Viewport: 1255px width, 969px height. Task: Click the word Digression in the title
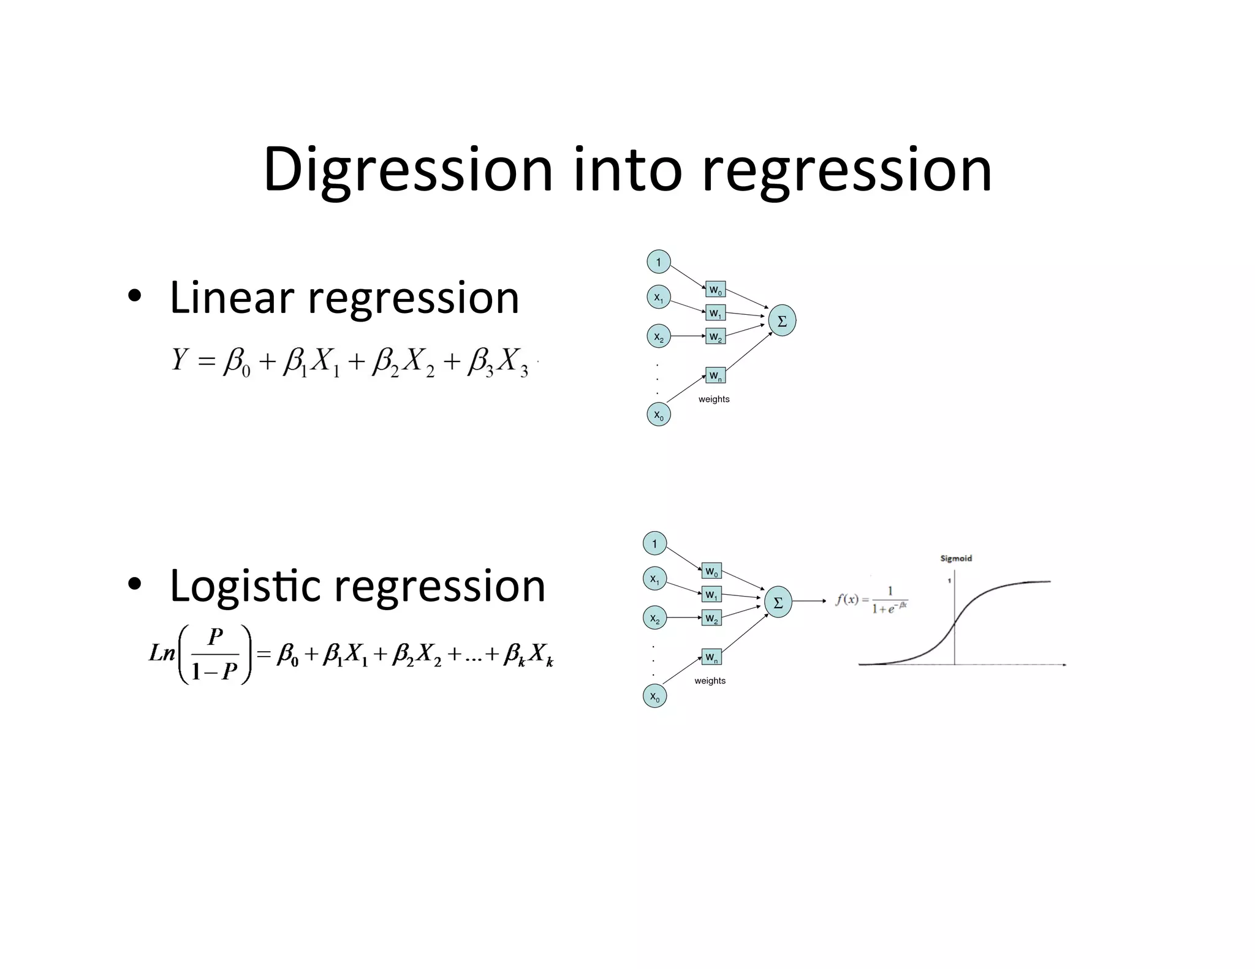click(408, 170)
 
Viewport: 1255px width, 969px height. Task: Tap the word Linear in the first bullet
click(232, 298)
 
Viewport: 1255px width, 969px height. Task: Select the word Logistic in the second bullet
click(245, 586)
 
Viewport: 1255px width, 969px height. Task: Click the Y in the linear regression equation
click(179, 360)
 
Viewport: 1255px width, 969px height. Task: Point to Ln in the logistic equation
click(162, 653)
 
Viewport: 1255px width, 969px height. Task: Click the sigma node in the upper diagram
click(782, 320)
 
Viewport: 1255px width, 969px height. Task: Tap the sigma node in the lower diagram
click(778, 602)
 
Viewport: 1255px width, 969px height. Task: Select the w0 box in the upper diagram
click(715, 290)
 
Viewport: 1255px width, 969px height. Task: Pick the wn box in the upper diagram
click(715, 375)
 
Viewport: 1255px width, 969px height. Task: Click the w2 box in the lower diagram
click(711, 618)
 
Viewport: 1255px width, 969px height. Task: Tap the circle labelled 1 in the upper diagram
click(659, 262)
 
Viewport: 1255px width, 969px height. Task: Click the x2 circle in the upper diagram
click(659, 336)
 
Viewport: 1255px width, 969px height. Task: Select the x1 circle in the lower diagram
click(654, 579)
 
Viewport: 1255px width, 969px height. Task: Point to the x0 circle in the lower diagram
click(654, 696)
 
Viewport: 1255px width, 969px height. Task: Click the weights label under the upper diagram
click(714, 399)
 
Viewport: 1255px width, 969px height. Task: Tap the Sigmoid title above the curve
click(956, 559)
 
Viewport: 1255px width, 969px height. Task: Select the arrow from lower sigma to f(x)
click(809, 601)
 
